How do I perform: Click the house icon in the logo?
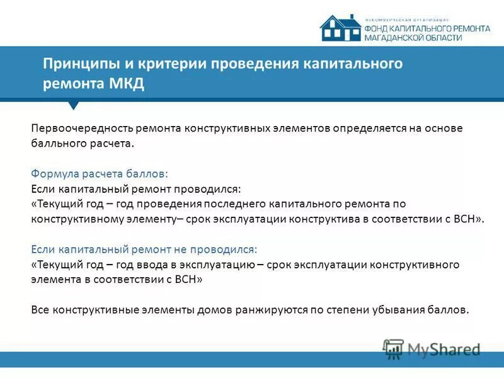click(x=340, y=28)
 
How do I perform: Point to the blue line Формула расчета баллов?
click(x=100, y=173)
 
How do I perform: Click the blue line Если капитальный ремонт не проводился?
click(x=144, y=249)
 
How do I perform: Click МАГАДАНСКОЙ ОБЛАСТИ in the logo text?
click(x=413, y=38)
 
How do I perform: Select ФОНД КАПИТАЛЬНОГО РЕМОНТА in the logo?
click(x=427, y=29)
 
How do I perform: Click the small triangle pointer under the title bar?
click(x=74, y=105)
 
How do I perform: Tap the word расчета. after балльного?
click(x=114, y=143)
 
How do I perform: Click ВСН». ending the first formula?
click(x=471, y=219)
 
